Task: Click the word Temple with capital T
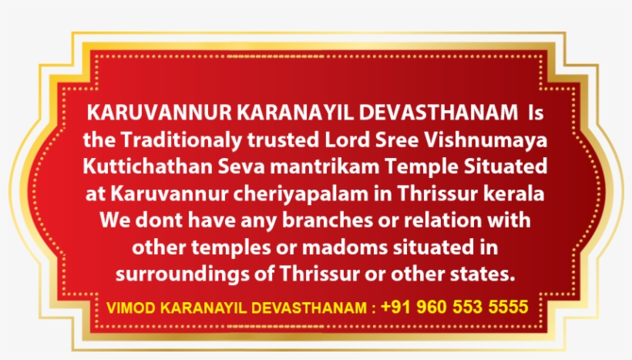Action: click(x=428, y=167)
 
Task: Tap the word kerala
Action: click(x=517, y=193)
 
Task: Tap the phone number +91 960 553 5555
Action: click(x=454, y=307)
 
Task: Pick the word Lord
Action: click(x=324, y=140)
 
